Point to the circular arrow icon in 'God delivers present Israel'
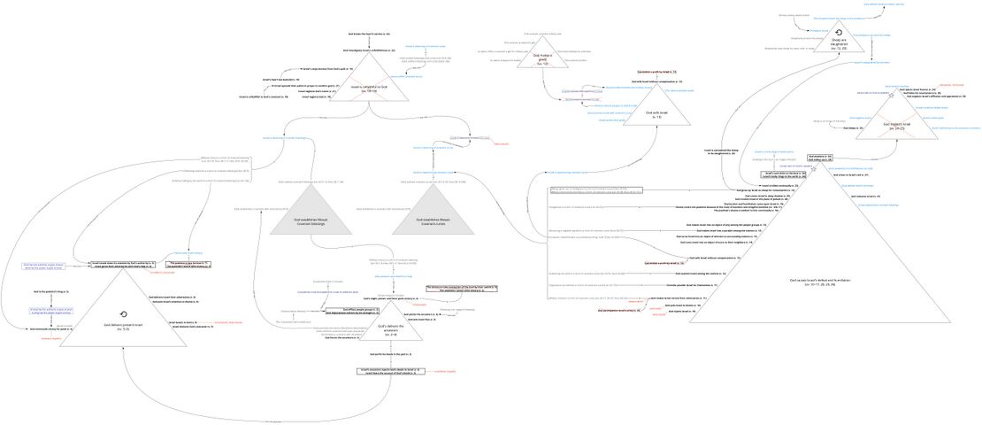coord(121,313)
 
